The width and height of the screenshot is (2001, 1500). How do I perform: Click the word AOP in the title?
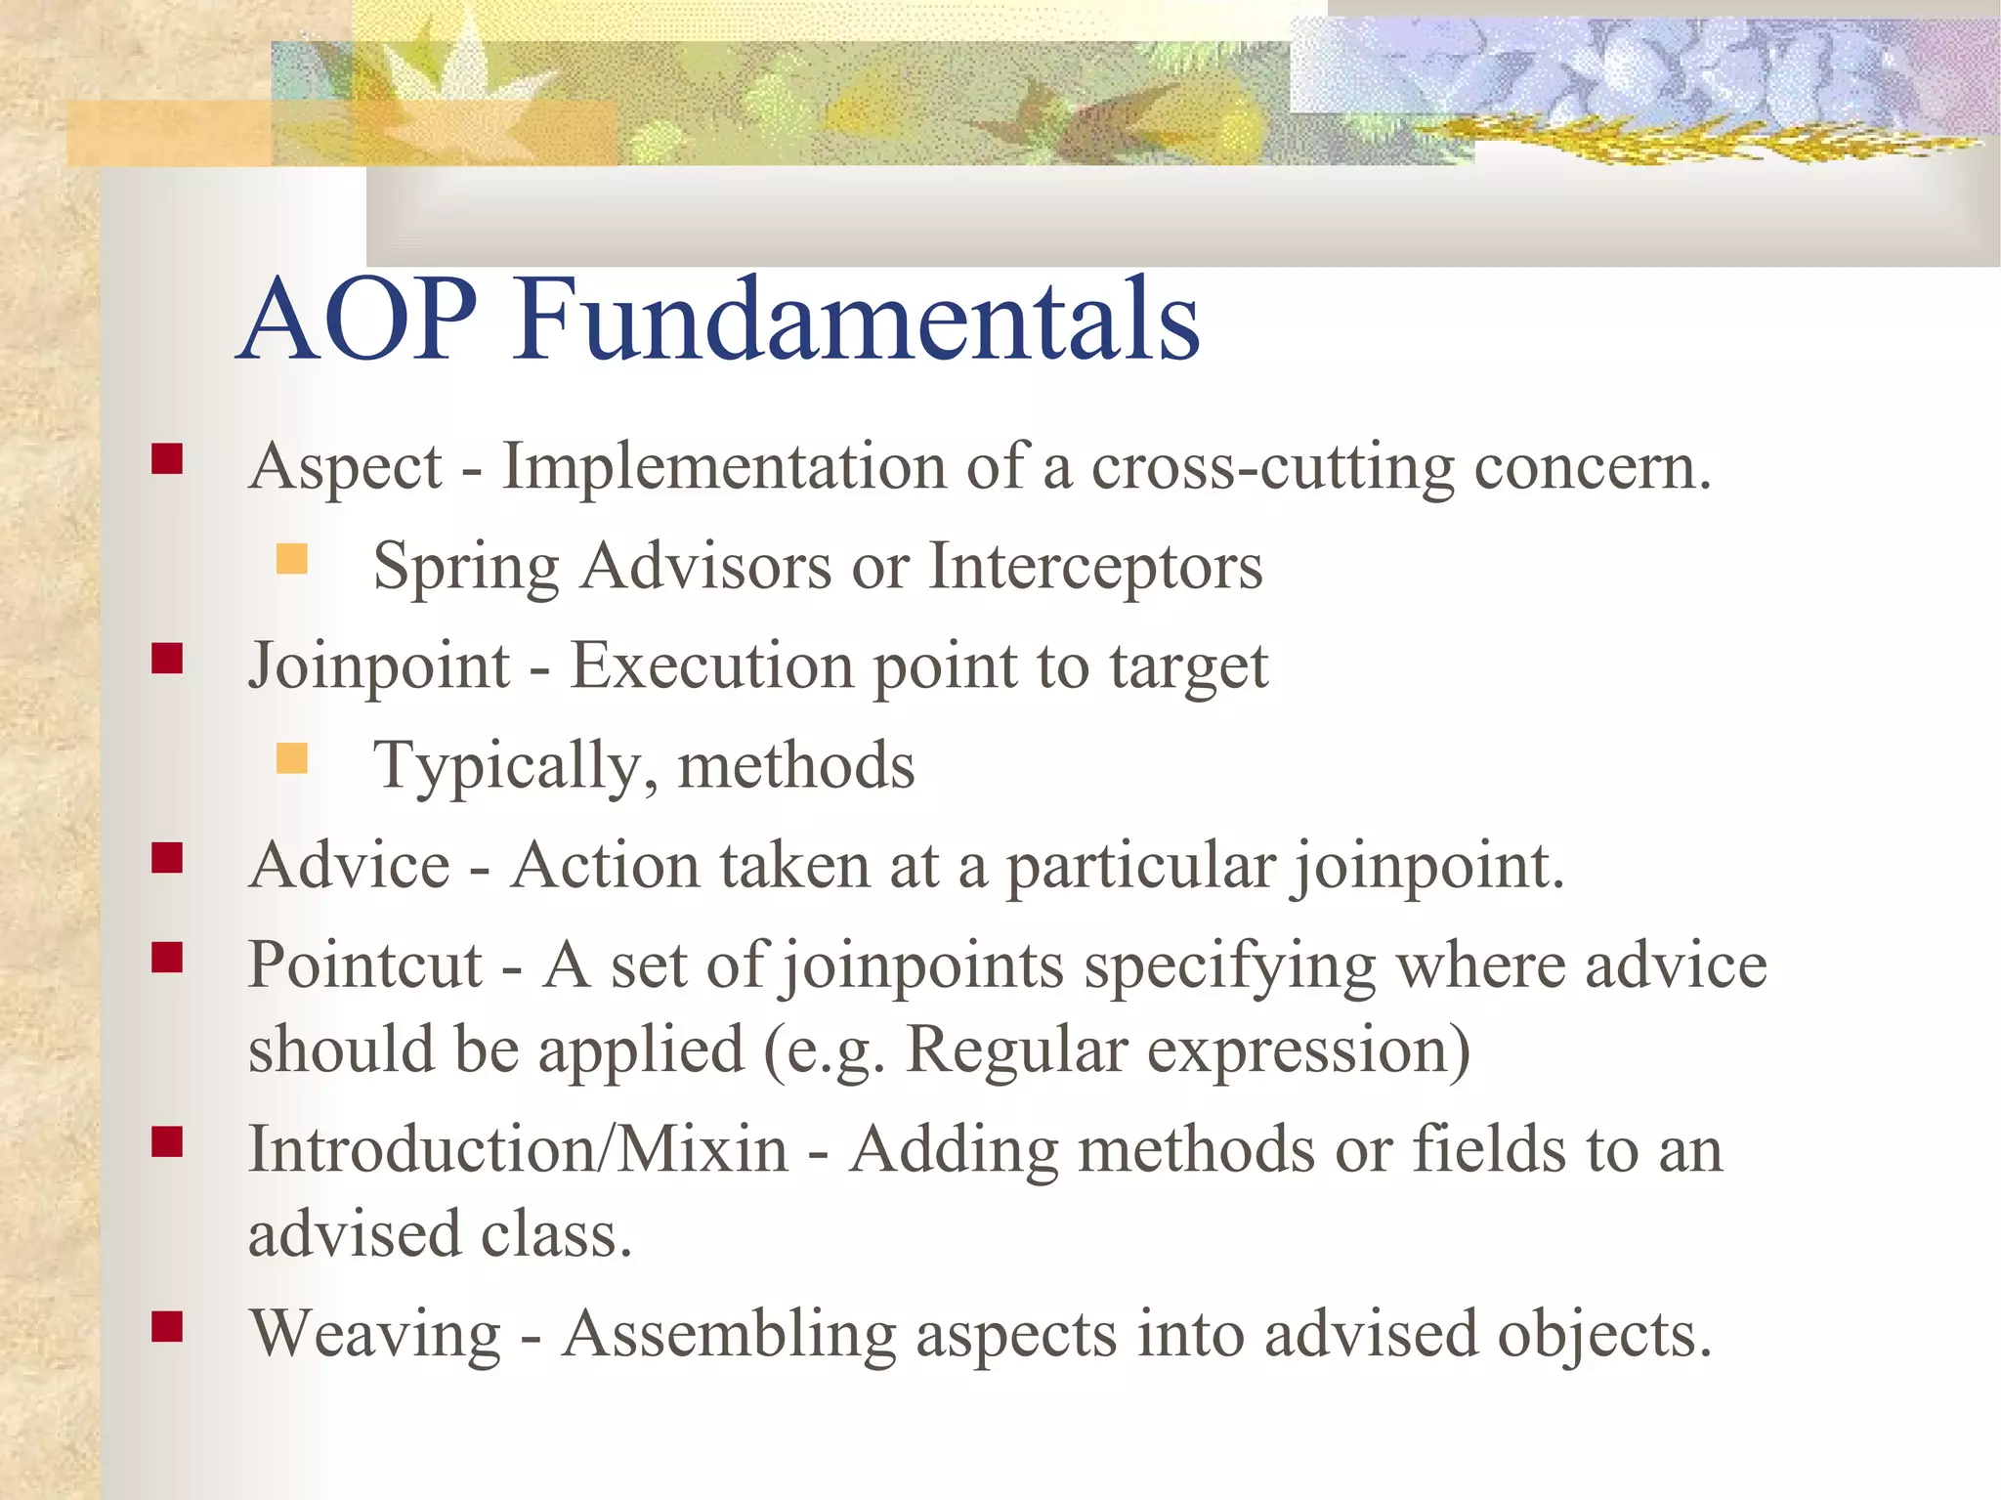click(x=358, y=321)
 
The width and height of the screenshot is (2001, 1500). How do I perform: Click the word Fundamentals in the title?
click(x=857, y=321)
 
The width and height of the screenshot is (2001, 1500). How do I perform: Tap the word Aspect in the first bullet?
click(x=346, y=467)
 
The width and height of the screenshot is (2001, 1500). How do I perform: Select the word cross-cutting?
click(x=1272, y=467)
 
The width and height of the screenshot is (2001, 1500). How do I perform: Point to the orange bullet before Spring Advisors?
click(x=291, y=560)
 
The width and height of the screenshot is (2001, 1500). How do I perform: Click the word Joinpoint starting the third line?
click(x=379, y=667)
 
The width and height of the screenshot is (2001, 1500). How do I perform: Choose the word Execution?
click(x=711, y=665)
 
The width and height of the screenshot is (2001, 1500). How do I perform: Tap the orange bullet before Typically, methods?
click(x=291, y=758)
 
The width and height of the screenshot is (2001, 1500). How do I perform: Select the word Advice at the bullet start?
click(x=349, y=866)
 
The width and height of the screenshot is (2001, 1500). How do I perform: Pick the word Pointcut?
click(x=365, y=965)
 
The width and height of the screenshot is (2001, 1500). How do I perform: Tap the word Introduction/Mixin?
click(x=518, y=1149)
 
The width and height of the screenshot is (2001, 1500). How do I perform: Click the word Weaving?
click(x=375, y=1335)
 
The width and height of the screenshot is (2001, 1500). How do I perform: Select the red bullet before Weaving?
click(x=167, y=1327)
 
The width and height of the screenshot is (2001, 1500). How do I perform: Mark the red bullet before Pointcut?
click(x=167, y=958)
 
